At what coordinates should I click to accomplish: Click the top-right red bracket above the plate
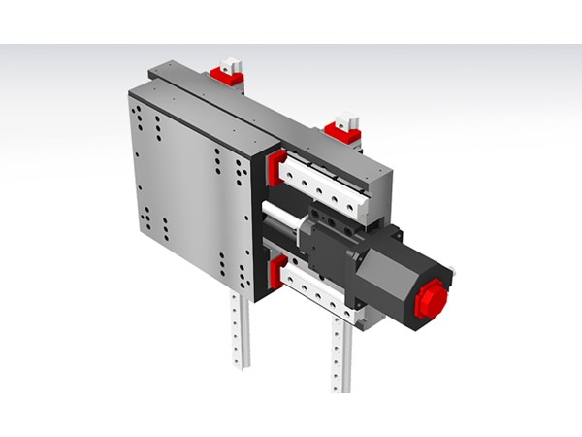coord(342,129)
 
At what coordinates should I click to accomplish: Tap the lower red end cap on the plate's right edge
coord(275,272)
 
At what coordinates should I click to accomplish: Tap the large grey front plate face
coord(189,189)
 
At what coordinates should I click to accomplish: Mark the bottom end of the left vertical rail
coord(239,363)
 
